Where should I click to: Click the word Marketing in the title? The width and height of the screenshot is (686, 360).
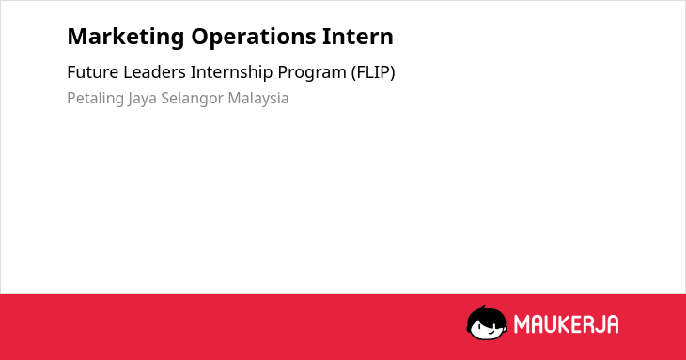click(126, 38)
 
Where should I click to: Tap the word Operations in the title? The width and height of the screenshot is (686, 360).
click(254, 38)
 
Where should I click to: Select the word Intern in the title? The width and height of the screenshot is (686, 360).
click(358, 36)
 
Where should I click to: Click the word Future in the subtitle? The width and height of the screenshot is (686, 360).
click(93, 72)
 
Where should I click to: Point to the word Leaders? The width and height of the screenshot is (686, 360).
click(154, 72)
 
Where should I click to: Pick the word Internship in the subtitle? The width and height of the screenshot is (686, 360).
click(231, 73)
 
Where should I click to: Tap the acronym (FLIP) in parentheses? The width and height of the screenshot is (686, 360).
click(373, 72)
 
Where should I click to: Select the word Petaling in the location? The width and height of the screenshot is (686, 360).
click(95, 99)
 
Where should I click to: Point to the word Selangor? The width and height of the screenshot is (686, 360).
click(192, 99)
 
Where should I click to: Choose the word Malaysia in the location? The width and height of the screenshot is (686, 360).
click(258, 99)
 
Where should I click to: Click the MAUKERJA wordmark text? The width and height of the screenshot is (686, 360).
click(566, 324)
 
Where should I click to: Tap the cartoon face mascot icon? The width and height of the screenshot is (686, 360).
click(487, 322)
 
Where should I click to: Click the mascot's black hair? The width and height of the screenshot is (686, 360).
click(486, 315)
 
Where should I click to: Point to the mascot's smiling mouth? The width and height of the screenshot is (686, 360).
click(491, 332)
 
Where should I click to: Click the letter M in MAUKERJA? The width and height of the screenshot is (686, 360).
click(522, 324)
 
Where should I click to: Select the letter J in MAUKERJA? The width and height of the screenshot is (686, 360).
click(597, 324)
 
